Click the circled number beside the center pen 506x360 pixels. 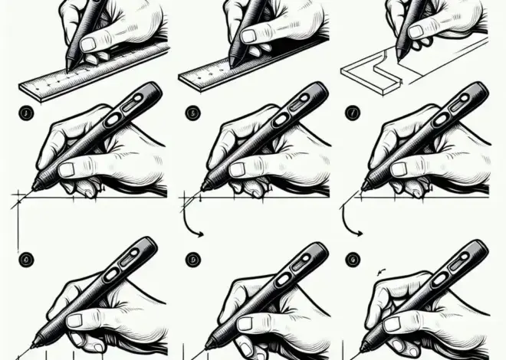click(191, 113)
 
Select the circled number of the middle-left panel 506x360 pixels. click(25, 114)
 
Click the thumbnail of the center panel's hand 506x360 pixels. click(238, 169)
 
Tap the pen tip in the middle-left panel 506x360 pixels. click(34, 186)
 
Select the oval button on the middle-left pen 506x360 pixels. click(113, 119)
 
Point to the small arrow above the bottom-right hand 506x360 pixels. click(381, 271)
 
